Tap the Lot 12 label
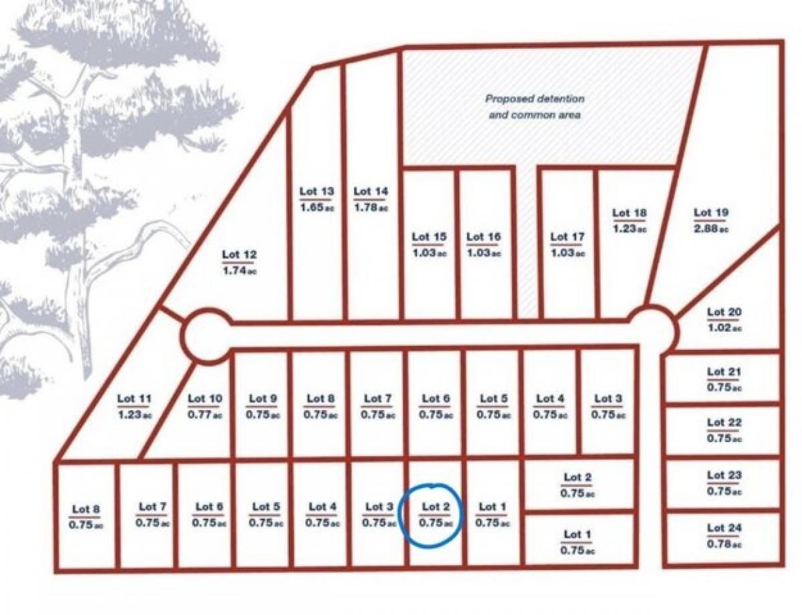[239, 254]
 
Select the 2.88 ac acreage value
[711, 229]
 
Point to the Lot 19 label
[711, 213]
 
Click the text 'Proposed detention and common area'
[535, 107]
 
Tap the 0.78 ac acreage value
[724, 544]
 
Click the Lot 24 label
[724, 528]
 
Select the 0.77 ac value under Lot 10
[205, 415]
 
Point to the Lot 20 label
[724, 312]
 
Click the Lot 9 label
[263, 399]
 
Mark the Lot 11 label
[134, 399]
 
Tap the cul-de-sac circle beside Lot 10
[207, 336]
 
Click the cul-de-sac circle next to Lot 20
[652, 329]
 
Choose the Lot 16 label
[483, 237]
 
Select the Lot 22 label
[724, 423]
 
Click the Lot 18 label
[630, 213]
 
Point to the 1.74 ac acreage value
[239, 270]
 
